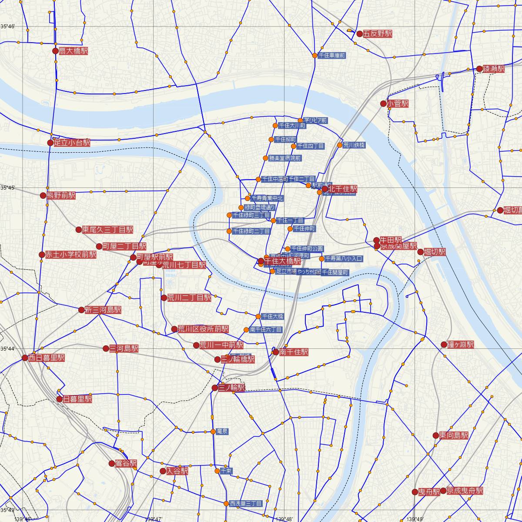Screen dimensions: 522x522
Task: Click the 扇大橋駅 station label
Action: pyautogui.click(x=73, y=51)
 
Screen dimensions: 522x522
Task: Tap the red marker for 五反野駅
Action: pyautogui.click(x=360, y=33)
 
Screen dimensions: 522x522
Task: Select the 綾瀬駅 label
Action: pyautogui.click(x=494, y=69)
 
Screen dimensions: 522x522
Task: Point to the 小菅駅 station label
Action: pyautogui.click(x=398, y=104)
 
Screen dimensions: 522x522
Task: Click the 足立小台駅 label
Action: pyautogui.click(x=72, y=142)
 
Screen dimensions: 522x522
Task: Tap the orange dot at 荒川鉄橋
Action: pyautogui.click(x=340, y=145)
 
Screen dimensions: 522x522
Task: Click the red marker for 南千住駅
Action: pyautogui.click(x=276, y=351)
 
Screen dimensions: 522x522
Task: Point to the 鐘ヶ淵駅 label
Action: pyautogui.click(x=460, y=345)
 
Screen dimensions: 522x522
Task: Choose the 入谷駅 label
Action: pyautogui.click(x=177, y=471)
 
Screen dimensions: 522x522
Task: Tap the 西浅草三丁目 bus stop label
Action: pyautogui.click(x=246, y=504)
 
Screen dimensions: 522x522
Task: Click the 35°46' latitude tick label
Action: pyautogui.click(x=8, y=27)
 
